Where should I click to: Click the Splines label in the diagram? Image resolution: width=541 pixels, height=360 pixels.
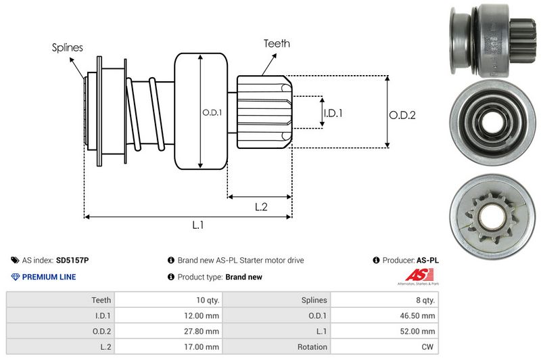click(67, 47)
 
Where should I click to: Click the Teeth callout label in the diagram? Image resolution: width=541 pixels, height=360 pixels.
click(277, 43)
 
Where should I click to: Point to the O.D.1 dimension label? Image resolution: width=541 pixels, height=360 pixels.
click(212, 113)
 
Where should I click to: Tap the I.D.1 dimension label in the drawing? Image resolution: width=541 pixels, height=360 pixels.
click(333, 113)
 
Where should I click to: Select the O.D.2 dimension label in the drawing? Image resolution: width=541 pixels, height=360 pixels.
click(402, 115)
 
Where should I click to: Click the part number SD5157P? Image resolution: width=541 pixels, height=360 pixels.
click(72, 260)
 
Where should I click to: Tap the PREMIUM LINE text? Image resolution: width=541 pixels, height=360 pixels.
click(49, 277)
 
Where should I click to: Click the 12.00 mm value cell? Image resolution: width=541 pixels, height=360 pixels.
click(203, 315)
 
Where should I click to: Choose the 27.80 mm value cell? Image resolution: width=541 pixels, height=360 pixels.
click(203, 331)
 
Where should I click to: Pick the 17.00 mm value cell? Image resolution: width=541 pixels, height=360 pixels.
click(203, 346)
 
